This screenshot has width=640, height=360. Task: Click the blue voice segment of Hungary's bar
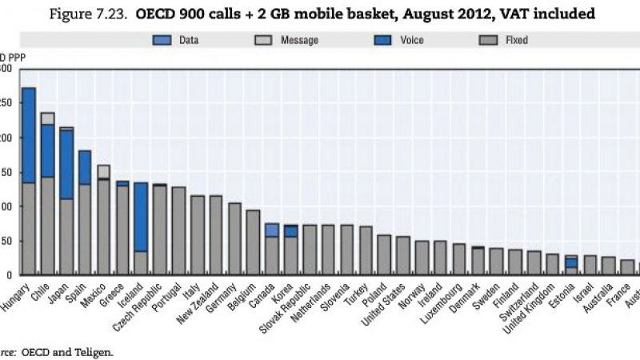[29, 135]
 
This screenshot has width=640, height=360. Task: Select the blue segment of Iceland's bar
[141, 217]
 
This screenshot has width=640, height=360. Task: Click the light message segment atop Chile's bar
[48, 118]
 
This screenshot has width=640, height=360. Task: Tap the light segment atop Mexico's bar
[104, 171]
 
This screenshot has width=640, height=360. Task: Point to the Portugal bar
[178, 231]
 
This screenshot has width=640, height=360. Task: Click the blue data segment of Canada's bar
[272, 230]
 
